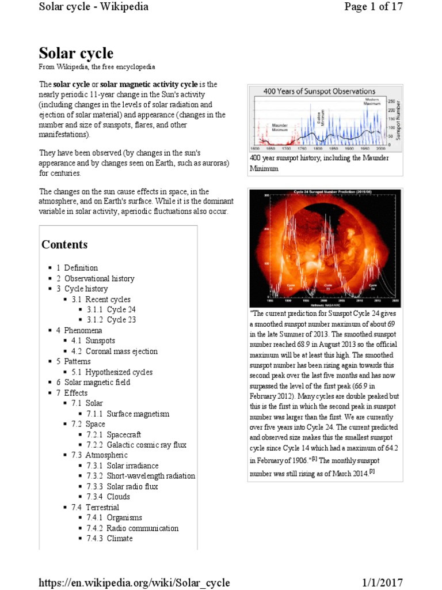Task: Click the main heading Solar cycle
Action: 76,54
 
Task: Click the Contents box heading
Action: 64,244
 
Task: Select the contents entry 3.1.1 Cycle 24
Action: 121,309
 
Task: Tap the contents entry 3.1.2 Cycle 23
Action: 121,320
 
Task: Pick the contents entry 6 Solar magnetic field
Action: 97,383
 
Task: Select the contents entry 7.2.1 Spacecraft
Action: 124,434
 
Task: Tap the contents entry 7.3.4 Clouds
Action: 118,497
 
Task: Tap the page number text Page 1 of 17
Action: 373,7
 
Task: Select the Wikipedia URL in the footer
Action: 134,583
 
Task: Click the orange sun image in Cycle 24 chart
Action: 325,242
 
